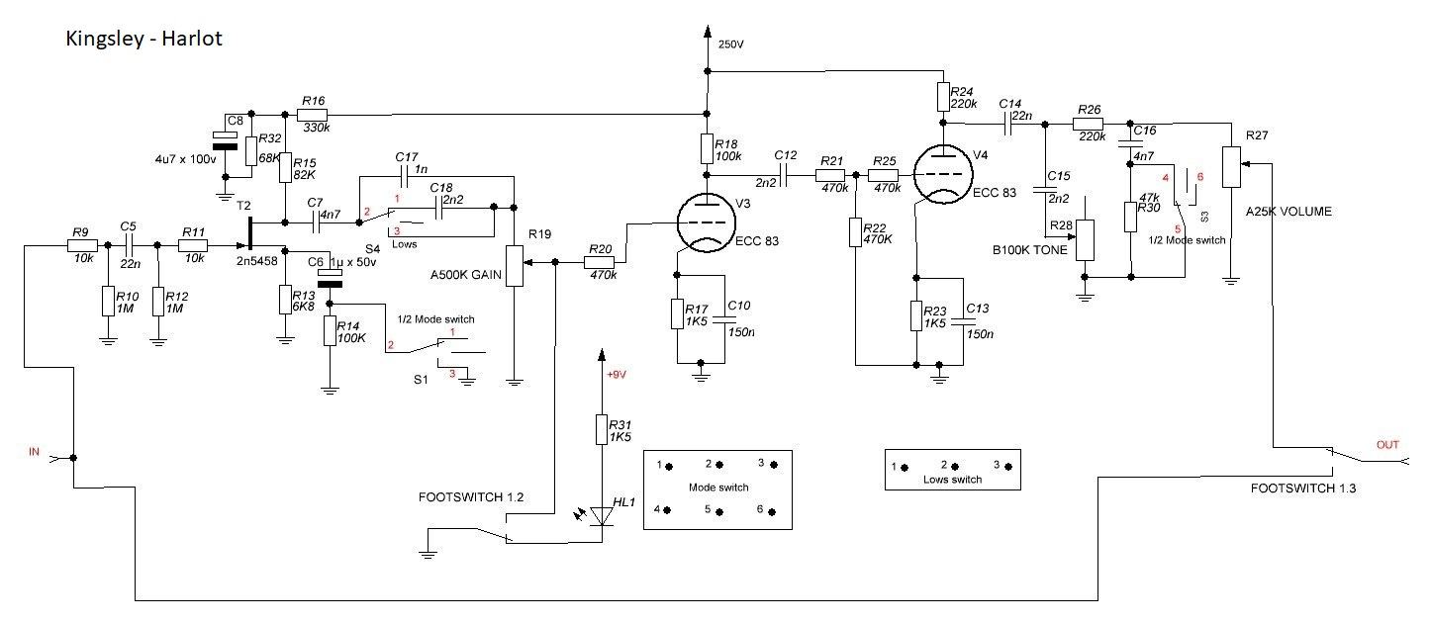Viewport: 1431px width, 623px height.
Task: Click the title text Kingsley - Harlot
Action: point(143,39)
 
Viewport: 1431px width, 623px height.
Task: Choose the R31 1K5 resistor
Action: point(600,429)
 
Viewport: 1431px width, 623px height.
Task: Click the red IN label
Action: point(34,452)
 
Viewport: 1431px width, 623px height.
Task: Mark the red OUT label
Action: point(1387,445)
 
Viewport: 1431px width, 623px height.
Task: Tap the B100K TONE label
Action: point(1028,250)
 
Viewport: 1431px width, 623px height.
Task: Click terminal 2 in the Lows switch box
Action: point(948,465)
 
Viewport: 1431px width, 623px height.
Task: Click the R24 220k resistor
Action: point(942,97)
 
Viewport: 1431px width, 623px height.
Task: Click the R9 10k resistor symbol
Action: point(82,244)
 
